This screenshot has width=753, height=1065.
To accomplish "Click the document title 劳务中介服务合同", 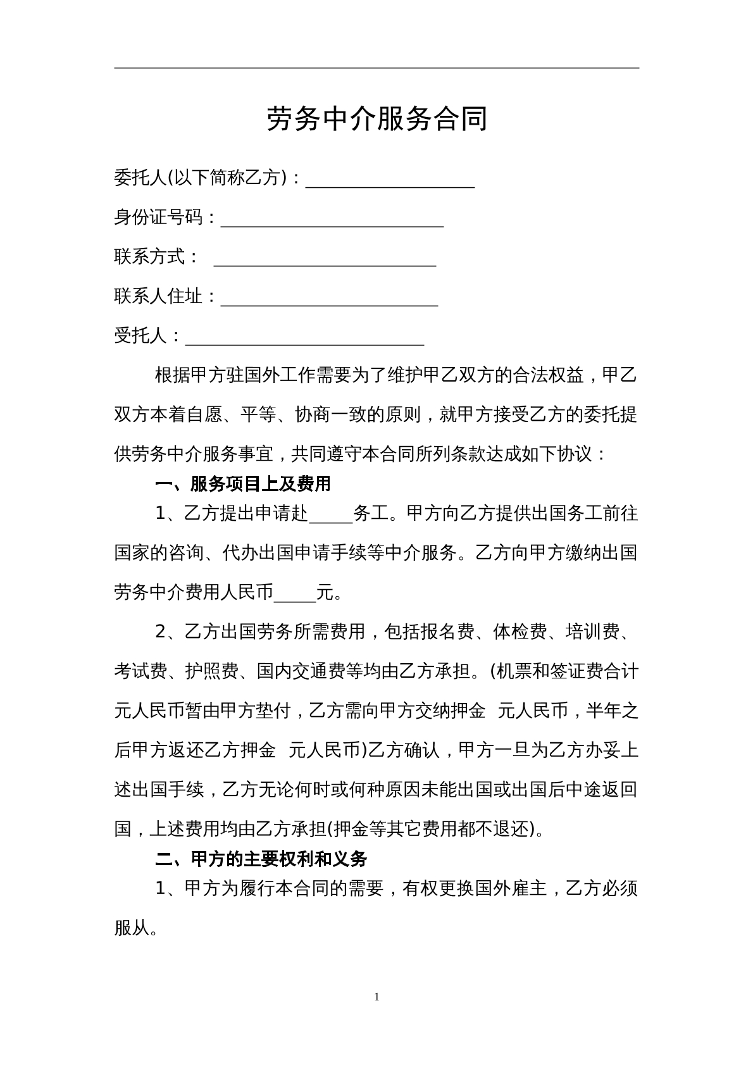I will coord(376,119).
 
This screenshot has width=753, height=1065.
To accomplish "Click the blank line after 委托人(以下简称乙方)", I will coord(390,180).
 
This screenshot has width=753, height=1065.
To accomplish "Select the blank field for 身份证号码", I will coord(332,219).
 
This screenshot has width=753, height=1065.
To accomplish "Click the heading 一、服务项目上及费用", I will coord(243,484).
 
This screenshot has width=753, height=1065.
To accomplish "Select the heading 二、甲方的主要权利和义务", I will coord(261,859).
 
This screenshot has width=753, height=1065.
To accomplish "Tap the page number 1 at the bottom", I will coord(377,997).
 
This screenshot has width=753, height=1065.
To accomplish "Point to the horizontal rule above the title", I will coord(376,68).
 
